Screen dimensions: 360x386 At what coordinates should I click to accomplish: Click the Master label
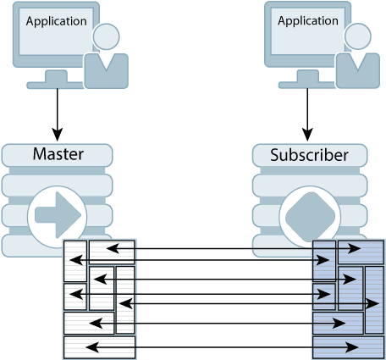[58, 155]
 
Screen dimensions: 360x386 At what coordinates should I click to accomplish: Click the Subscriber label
[309, 156]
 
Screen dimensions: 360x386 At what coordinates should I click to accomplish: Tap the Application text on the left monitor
[56, 21]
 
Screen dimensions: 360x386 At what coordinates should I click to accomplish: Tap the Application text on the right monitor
[308, 21]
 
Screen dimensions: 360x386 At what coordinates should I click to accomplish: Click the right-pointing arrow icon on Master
[58, 211]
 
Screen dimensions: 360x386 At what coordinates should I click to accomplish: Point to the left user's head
[107, 36]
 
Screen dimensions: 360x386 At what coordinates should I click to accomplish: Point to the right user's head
[358, 36]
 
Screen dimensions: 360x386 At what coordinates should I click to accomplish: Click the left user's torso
[107, 71]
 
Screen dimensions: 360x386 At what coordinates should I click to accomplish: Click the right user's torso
[358, 71]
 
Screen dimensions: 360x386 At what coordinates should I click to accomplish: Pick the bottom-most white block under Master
[99, 347]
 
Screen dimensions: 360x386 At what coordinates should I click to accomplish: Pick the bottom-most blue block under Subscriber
[348, 347]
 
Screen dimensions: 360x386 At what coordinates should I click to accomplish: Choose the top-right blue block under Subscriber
[361, 252]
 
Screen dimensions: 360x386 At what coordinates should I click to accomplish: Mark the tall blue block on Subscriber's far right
[374, 300]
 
